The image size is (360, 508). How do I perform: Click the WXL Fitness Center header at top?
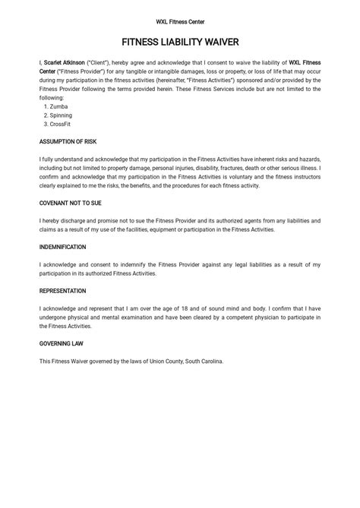tap(180, 22)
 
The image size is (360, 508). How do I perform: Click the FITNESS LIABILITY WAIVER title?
tap(180, 43)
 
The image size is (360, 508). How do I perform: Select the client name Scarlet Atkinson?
tap(65, 63)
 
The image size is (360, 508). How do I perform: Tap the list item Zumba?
tap(58, 106)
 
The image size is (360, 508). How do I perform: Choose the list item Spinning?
tap(62, 115)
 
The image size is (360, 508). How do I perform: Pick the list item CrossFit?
tap(62, 124)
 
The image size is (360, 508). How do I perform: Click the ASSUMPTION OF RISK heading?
tap(68, 141)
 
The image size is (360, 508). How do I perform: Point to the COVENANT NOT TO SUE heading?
tap(71, 203)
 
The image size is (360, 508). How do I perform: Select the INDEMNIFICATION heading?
tap(62, 247)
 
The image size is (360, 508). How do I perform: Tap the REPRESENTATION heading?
tap(62, 291)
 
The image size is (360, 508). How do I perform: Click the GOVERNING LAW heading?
tap(62, 343)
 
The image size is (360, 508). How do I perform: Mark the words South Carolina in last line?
tap(204, 361)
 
